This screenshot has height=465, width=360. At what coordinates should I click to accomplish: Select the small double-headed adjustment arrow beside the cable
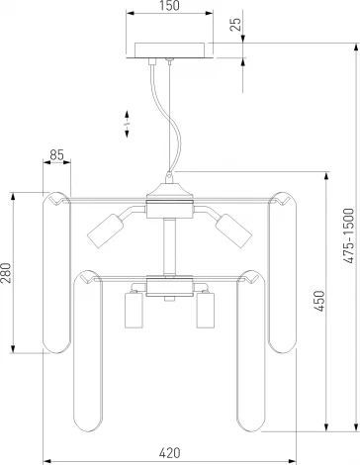point(126,125)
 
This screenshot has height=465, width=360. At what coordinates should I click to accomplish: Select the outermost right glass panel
point(283,272)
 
